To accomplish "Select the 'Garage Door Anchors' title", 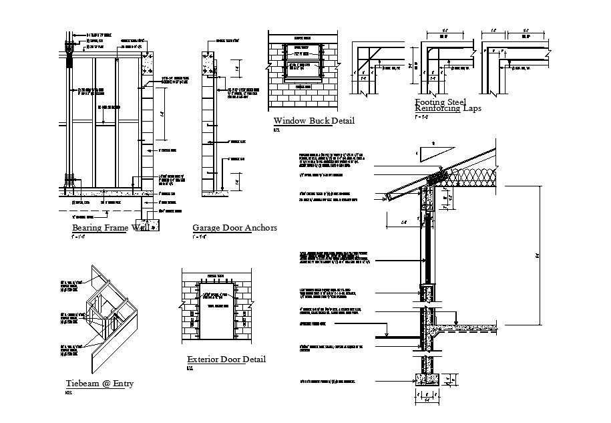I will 234,228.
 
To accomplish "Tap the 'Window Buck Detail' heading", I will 314,121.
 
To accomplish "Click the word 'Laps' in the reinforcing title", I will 471,108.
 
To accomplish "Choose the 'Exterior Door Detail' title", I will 226,360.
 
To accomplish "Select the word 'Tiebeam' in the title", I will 82,384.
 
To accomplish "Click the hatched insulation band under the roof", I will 474,178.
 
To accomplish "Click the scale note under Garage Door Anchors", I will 198,237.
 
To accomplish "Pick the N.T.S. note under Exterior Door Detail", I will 190,368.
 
